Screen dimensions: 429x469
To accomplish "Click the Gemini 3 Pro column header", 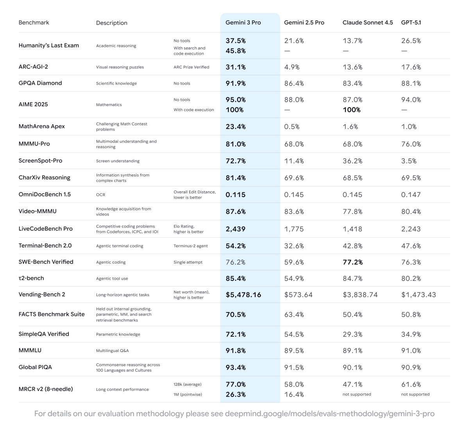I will click(243, 23).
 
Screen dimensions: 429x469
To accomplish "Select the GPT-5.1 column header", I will click(411, 23).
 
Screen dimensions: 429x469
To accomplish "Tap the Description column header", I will click(111, 23).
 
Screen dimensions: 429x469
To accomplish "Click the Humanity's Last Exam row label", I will click(48, 45).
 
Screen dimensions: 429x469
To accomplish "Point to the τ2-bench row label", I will click(31, 278).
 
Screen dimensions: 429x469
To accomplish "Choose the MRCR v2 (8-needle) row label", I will click(45, 389).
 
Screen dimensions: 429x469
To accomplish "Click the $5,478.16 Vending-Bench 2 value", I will click(243, 295).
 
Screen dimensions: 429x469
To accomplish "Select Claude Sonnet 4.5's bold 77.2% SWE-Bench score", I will click(353, 262).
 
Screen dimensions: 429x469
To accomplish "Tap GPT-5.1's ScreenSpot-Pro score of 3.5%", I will click(409, 161).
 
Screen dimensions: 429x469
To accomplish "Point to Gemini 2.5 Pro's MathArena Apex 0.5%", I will click(292, 127).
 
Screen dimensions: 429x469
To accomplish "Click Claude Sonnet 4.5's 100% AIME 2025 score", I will click(351, 110).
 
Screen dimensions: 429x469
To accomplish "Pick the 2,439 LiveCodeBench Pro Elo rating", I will click(235, 229).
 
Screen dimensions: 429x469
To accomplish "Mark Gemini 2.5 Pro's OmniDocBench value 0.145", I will click(294, 195).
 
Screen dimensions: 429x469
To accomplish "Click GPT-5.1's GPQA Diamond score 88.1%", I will click(411, 83).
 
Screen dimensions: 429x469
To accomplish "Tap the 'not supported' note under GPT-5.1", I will click(415, 394).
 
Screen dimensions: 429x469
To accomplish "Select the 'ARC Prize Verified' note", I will click(191, 67).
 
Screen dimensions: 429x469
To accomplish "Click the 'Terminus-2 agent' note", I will click(190, 246).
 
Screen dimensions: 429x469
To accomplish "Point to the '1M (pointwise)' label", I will click(188, 395).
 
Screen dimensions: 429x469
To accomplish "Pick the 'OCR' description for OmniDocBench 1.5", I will click(100, 195).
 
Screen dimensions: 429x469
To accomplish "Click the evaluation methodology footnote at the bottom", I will click(234, 414).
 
